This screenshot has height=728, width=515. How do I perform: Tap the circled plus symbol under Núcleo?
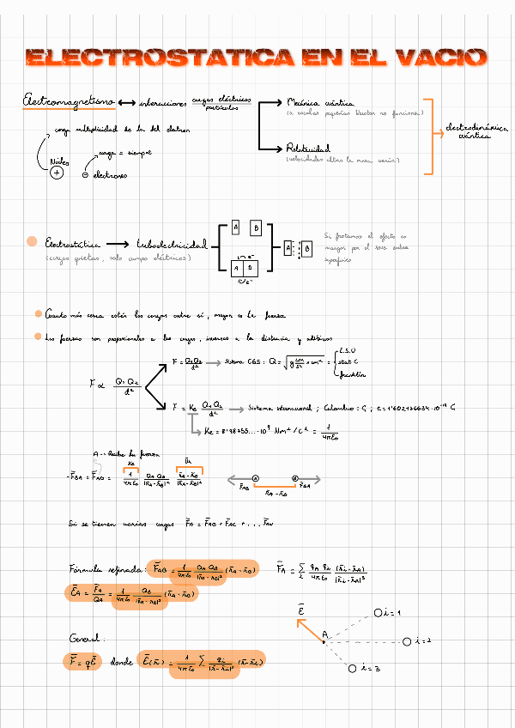coord(58,173)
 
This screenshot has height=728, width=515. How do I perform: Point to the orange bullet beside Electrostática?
coord(32,241)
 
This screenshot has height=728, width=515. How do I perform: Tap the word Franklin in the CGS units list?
coord(353,374)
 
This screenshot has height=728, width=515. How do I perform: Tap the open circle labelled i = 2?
coord(407,640)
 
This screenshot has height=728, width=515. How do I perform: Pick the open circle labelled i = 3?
coord(353,668)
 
